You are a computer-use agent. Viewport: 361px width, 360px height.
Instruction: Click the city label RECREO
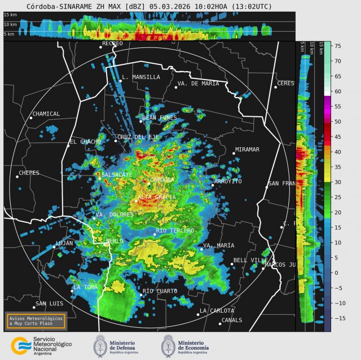(112, 43)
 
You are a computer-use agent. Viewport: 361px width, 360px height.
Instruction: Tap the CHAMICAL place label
(46, 114)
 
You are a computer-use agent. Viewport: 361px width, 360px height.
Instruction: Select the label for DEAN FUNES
(160, 118)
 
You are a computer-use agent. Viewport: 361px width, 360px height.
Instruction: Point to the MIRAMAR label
(246, 150)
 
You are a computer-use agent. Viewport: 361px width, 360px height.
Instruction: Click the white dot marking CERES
(276, 87)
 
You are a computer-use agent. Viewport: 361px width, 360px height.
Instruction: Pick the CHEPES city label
(29, 173)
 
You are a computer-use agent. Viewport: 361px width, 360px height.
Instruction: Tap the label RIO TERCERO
(175, 231)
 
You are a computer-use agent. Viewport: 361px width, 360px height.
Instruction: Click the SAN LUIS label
(49, 304)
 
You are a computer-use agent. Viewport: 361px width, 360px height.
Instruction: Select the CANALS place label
(231, 320)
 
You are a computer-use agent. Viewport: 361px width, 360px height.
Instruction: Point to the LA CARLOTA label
(217, 311)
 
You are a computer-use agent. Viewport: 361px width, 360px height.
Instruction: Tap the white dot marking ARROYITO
(213, 185)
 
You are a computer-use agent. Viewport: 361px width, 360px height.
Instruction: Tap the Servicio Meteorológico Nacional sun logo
(21, 345)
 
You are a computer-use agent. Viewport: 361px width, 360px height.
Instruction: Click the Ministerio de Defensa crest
(100, 345)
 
